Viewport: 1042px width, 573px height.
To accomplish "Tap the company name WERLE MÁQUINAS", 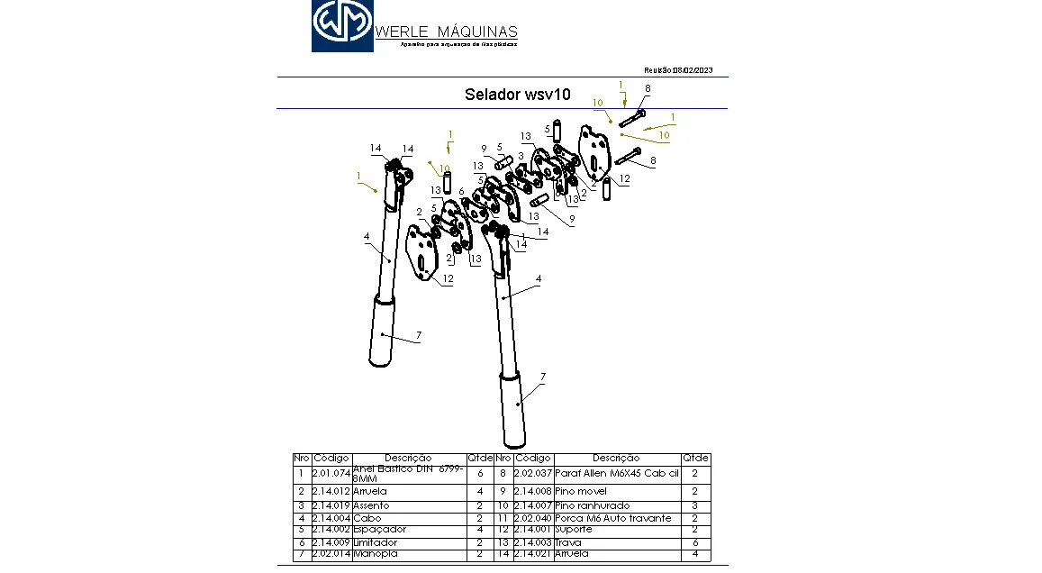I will [x=446, y=32].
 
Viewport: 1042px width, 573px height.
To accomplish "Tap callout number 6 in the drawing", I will [x=461, y=191].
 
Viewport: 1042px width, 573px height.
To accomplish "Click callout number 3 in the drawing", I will [x=521, y=156].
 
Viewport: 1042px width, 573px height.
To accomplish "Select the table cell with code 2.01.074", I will [x=331, y=473].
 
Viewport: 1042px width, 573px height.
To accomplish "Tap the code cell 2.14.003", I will [x=532, y=542].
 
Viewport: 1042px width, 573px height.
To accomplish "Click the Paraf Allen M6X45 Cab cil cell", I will [x=616, y=473].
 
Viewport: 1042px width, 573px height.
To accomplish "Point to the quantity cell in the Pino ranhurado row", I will [x=694, y=505].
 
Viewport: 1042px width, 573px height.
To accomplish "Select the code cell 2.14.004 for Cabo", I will [x=331, y=518].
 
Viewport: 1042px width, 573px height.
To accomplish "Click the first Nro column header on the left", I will [x=302, y=459].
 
